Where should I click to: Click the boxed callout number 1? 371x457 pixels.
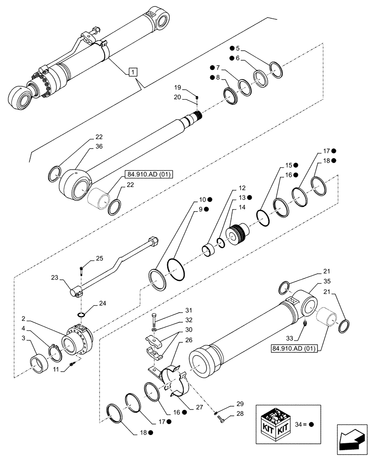point(132,72)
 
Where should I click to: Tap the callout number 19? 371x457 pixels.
point(178,87)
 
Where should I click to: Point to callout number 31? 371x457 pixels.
point(175,311)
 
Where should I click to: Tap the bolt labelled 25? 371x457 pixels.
point(81,270)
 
